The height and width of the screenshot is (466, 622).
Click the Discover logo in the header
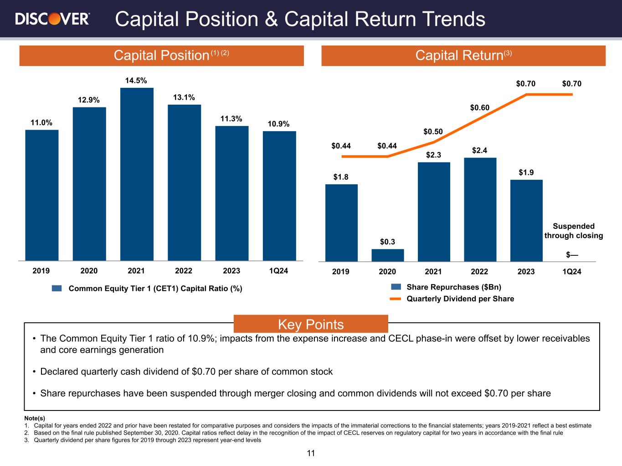(52, 19)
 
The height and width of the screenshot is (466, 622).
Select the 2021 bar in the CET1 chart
(137, 174)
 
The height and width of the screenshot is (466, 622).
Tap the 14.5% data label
(136, 81)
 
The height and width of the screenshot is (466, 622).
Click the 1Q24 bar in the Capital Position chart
(279, 196)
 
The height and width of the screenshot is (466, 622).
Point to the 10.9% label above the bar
(278, 124)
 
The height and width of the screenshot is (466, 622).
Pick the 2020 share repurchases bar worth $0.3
(387, 255)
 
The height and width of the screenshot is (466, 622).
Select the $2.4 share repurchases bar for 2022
(480, 209)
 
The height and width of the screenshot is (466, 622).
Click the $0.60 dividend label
(480, 108)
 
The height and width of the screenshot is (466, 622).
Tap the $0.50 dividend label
(433, 132)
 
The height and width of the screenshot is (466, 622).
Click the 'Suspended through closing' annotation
(573, 231)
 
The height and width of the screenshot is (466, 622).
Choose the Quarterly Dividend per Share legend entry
(460, 299)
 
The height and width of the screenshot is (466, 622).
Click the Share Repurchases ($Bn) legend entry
(453, 287)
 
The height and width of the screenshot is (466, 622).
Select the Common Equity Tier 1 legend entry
(155, 289)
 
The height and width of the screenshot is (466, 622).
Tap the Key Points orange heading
(311, 324)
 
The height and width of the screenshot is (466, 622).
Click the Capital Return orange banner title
(463, 56)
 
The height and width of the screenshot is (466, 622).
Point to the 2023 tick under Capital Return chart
(526, 272)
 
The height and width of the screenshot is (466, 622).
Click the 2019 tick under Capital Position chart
(41, 271)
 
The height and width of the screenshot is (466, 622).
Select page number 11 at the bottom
(311, 453)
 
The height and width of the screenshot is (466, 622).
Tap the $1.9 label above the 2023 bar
(526, 173)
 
